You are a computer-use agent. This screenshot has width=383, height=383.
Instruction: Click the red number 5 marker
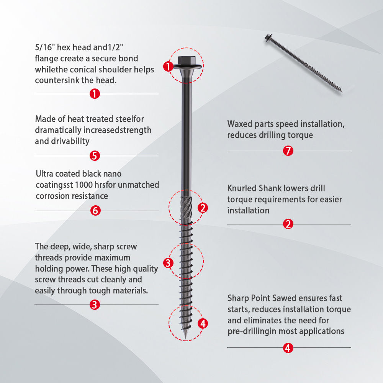(x=95, y=156)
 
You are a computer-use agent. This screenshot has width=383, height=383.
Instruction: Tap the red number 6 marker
(x=95, y=211)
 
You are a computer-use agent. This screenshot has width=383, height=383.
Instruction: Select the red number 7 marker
(x=288, y=151)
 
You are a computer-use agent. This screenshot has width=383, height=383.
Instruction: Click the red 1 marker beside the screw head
(x=168, y=66)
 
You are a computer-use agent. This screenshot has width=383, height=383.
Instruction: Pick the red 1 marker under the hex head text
(x=95, y=93)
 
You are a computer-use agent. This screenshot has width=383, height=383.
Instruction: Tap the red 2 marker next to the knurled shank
(x=203, y=208)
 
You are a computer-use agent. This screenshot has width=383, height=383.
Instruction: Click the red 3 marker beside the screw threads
(x=168, y=263)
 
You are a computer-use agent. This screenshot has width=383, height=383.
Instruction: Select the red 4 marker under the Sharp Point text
(x=288, y=348)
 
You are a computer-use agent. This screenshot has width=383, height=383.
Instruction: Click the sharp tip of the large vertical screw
(x=186, y=339)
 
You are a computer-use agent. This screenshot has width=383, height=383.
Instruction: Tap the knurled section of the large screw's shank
(x=187, y=208)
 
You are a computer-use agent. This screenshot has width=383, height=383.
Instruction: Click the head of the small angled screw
(x=268, y=38)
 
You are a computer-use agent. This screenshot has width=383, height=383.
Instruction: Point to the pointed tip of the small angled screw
(x=342, y=92)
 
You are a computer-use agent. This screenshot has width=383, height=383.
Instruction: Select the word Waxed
(x=240, y=124)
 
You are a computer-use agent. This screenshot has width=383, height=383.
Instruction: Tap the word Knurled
(x=242, y=188)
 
